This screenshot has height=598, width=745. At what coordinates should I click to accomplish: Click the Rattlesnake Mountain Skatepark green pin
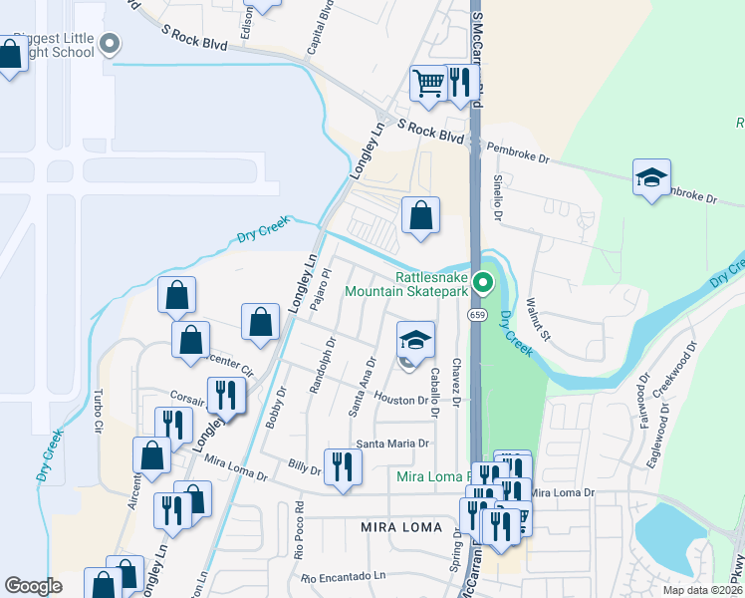point(483,283)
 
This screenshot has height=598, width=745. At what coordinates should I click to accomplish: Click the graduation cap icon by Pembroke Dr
point(651,178)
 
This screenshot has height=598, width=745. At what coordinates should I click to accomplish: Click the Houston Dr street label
point(400,399)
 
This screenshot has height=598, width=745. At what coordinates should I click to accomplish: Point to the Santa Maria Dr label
point(392,444)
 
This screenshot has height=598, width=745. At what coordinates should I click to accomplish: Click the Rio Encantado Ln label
point(344,577)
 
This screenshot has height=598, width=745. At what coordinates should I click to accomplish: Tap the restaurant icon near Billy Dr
point(343,465)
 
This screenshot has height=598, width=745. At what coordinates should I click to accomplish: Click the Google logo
point(33,586)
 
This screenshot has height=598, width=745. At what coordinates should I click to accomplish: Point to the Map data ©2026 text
point(702,590)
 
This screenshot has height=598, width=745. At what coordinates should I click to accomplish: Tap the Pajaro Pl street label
point(319,288)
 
